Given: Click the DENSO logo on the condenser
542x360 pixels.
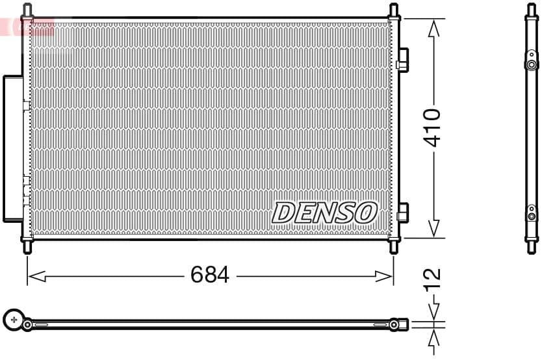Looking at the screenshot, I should coord(324,212).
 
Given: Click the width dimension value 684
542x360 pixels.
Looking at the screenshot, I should coord(210,275).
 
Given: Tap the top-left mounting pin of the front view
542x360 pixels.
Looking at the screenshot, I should coord(27,10).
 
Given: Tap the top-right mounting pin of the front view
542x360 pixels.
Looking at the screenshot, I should coord(393,10).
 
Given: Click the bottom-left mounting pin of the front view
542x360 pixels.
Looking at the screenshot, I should coord(27,246).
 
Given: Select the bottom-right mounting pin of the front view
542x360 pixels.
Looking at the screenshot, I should coord(393,246).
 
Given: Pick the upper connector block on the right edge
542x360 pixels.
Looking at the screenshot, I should coord(402,59).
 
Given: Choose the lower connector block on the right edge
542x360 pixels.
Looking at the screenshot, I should coord(402,212).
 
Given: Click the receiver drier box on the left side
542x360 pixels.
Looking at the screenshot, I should coord(13,148).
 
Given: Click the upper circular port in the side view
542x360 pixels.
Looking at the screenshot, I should coord(532,64).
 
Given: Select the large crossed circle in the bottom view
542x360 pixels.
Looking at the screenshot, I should coord(14,319).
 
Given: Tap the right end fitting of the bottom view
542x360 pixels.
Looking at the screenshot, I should coord(397,324).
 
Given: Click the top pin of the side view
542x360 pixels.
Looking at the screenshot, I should coord(532,9).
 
